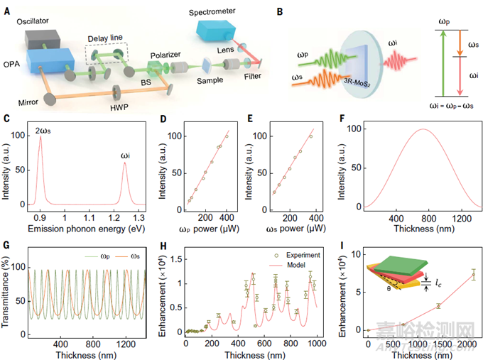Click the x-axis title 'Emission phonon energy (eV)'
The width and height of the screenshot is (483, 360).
pos(82,229)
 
